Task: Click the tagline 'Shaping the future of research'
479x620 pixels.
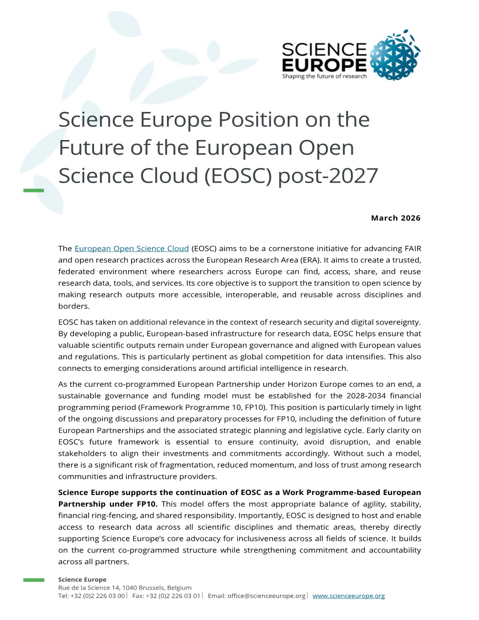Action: coord(324,76)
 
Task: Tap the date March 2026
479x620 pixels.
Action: coord(395,218)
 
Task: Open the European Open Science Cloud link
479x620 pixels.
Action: coord(131,249)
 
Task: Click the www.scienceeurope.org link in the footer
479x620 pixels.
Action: coord(348,596)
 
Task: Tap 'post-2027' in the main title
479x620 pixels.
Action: coord(327,176)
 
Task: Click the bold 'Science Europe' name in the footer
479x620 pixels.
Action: coord(82,580)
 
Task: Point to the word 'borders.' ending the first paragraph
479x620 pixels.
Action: coord(74,306)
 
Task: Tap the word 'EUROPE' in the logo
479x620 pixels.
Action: coord(324,65)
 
